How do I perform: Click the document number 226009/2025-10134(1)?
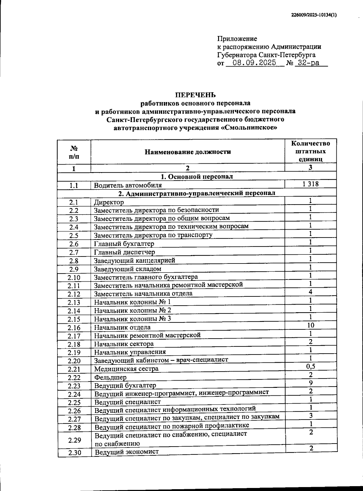(314, 15)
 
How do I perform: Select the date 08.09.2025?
(251, 63)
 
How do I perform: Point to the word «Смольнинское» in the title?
(249, 128)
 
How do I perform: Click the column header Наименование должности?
(188, 152)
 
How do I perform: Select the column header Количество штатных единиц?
(310, 151)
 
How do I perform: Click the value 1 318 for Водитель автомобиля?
(310, 184)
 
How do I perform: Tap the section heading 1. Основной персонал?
(197, 176)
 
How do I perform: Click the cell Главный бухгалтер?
(124, 244)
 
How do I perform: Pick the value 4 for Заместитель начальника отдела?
(310, 292)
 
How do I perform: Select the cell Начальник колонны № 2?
(132, 310)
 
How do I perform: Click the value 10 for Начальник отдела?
(310, 325)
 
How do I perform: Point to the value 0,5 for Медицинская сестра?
(310, 366)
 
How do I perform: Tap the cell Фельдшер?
(110, 377)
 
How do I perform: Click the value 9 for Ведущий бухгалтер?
(310, 383)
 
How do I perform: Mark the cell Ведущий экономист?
(126, 452)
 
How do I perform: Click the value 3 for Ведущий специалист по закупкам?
(310, 416)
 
